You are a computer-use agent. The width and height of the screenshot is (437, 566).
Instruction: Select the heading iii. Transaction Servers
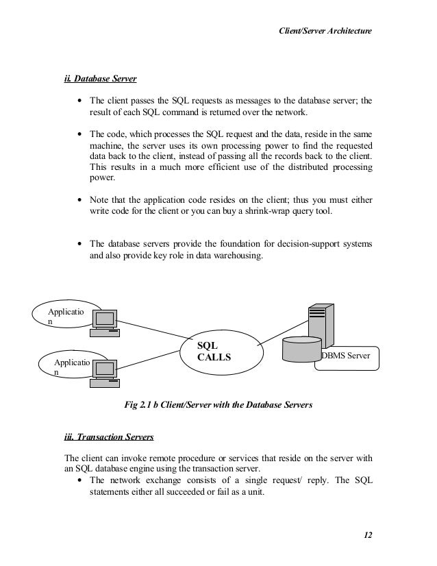[x=109, y=436]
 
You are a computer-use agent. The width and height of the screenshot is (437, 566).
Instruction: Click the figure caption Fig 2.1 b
[x=217, y=405]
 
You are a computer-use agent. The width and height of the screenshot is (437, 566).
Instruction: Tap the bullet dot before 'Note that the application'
[x=81, y=200]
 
